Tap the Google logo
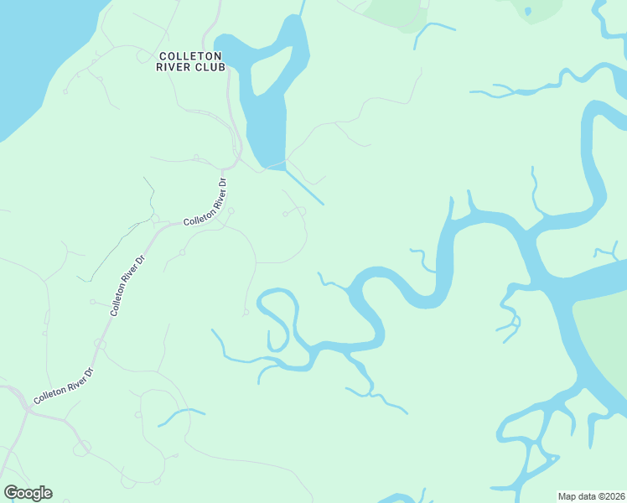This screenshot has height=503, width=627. [x=28, y=493]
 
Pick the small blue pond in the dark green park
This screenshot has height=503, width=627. [x=527, y=11]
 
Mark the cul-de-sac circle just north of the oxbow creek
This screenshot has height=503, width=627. [x=246, y=313]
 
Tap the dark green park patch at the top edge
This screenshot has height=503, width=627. [x=394, y=13]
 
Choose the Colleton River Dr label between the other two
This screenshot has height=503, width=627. [x=128, y=285]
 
